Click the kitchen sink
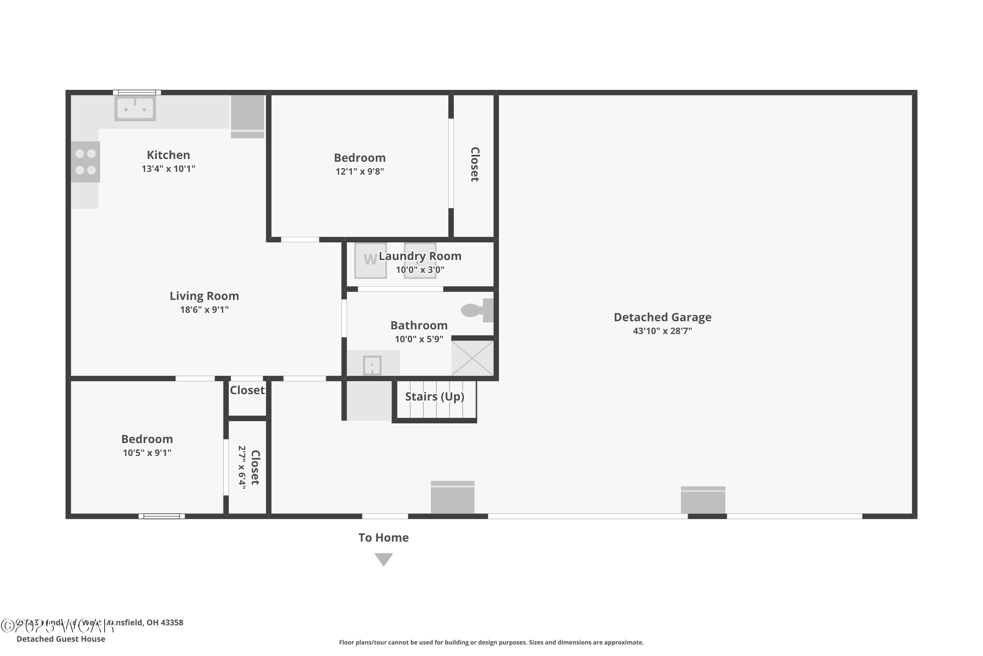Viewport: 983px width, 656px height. (x=135, y=108)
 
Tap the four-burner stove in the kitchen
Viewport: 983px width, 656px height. (x=85, y=162)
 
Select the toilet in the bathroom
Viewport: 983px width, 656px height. (x=476, y=310)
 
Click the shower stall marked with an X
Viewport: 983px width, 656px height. (x=472, y=358)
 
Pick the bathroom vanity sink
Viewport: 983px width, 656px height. (x=372, y=365)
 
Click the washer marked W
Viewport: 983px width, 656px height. (x=370, y=260)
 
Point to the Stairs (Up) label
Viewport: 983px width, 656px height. (x=435, y=397)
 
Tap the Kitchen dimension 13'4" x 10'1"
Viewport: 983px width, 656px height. (x=168, y=169)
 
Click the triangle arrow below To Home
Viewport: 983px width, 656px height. (x=383, y=559)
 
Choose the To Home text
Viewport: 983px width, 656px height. (x=383, y=538)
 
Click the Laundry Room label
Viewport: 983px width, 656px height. (x=420, y=256)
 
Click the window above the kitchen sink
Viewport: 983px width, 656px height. (x=137, y=92)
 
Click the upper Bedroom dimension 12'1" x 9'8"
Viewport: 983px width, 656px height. (x=359, y=171)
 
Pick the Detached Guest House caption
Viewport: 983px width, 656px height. (x=61, y=639)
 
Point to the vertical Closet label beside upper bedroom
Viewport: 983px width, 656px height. (x=475, y=164)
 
